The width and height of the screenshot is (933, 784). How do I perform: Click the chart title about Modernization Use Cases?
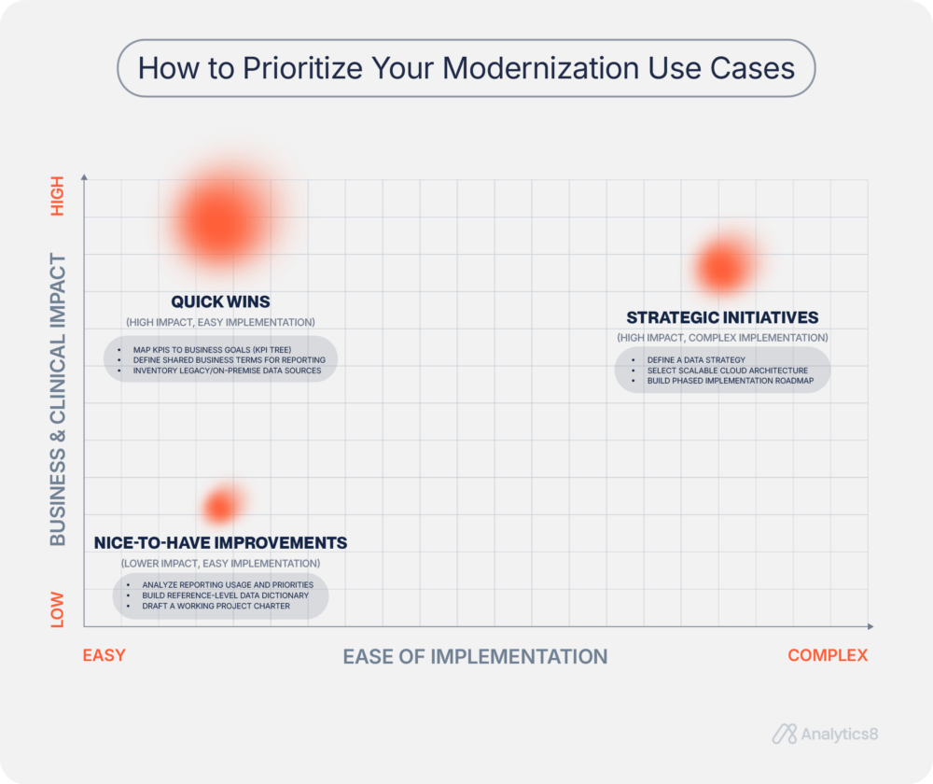point(466,68)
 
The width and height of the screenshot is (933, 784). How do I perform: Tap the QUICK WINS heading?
point(220,301)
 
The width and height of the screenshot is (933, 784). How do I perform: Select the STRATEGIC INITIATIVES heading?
point(722,317)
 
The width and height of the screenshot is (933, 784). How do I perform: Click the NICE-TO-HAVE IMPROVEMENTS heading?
point(220,542)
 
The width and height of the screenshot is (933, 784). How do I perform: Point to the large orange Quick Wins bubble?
point(222,221)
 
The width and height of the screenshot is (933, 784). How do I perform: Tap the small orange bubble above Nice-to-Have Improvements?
point(220,507)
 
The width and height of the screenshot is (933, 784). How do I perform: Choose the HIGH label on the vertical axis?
point(58,196)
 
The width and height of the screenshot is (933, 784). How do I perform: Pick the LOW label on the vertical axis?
point(58,609)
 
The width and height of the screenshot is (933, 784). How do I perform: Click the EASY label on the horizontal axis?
point(104,655)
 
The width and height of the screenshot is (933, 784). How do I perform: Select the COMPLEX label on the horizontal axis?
point(828,655)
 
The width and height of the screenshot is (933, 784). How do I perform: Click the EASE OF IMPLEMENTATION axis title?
point(475,656)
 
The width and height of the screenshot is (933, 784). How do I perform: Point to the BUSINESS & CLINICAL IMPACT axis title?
point(58,399)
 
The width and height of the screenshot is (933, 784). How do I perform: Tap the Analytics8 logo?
point(825,735)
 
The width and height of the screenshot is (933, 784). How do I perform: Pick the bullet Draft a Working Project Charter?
point(216,606)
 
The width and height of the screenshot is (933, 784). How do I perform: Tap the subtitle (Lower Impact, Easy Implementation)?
point(220,564)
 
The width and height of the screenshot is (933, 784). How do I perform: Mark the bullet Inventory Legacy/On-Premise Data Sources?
point(227,371)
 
